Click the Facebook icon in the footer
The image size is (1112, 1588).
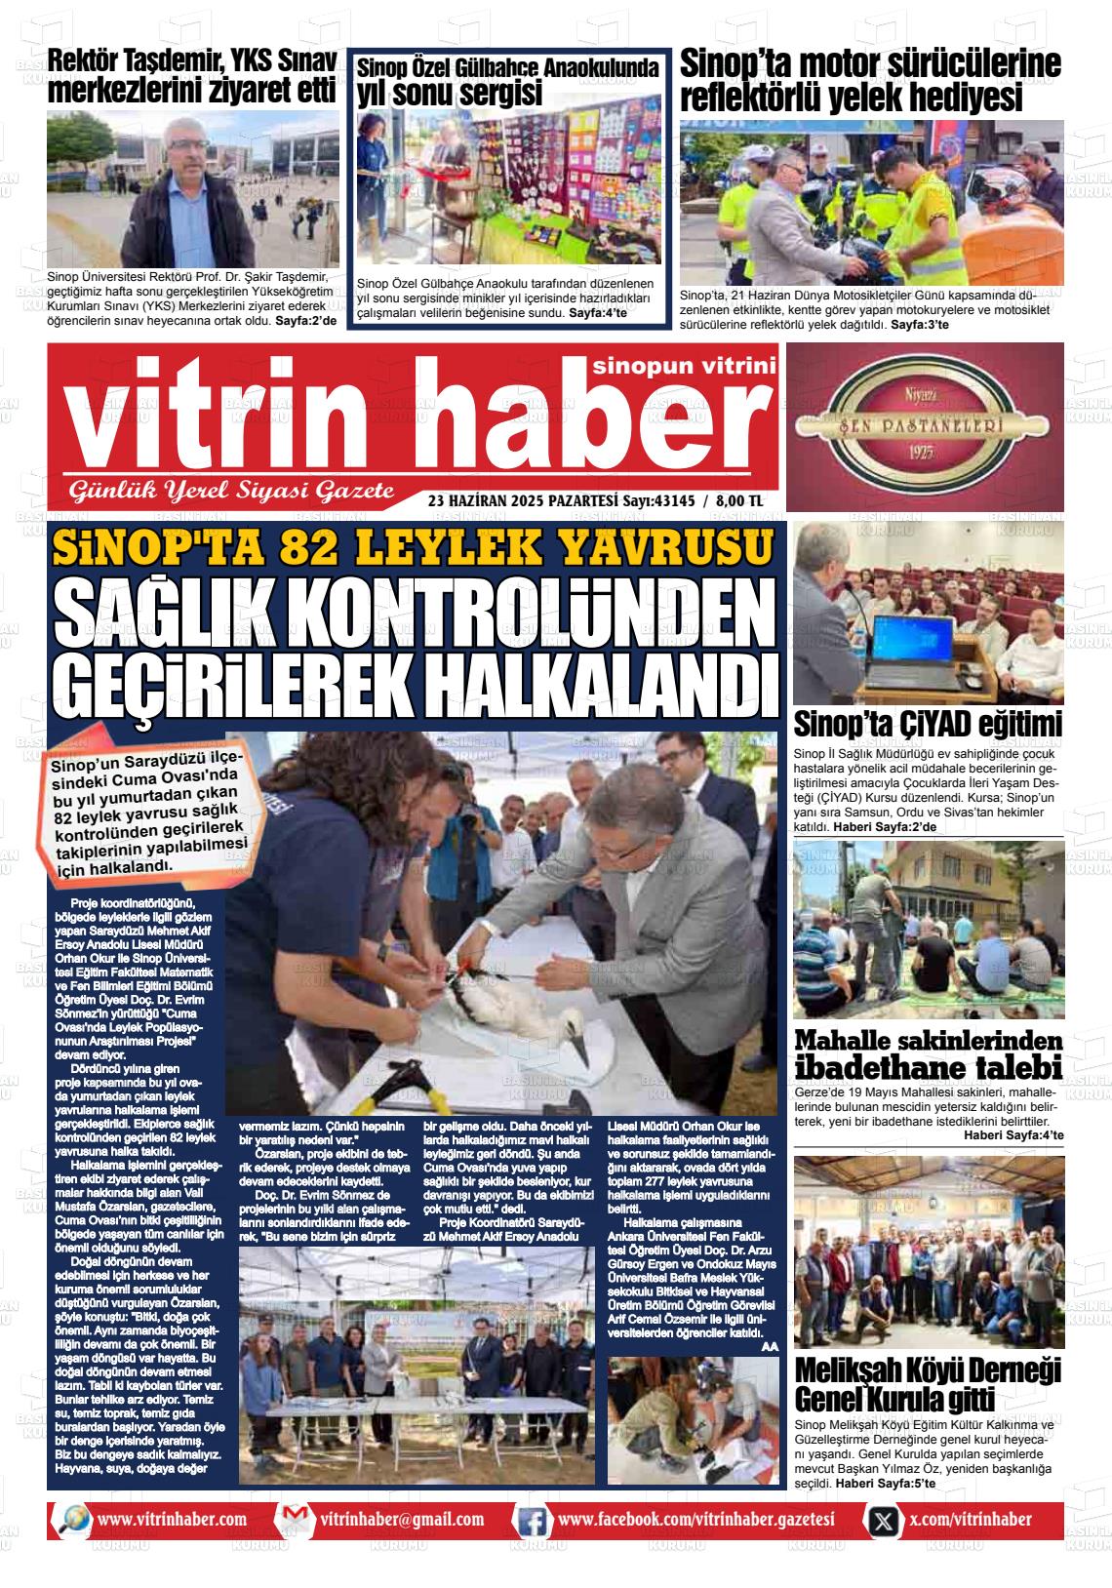531,1521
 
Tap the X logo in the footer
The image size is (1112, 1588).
883,1521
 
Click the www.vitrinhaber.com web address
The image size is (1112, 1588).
172,1520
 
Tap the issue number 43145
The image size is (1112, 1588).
672,500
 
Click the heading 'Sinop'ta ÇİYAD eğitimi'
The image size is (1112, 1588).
928,726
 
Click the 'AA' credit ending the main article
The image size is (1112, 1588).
769,1346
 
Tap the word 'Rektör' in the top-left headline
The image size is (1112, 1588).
88,60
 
